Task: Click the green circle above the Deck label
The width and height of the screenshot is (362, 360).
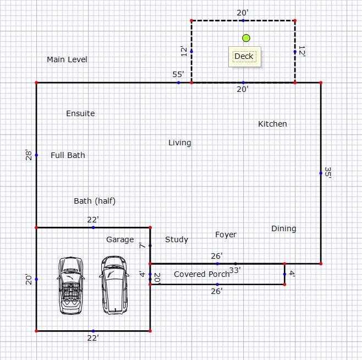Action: [246, 38]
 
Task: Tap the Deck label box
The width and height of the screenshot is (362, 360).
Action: [244, 57]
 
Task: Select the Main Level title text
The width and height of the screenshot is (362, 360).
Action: [67, 59]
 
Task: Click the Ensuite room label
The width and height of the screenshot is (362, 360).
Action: [80, 113]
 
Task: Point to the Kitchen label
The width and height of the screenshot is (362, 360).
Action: [272, 124]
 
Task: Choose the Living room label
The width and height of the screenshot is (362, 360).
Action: [179, 143]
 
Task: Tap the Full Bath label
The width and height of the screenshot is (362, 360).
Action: [68, 155]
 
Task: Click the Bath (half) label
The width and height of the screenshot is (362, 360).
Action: [95, 201]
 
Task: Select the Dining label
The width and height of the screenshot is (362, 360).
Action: [283, 229]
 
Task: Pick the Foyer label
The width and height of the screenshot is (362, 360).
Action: [226, 234]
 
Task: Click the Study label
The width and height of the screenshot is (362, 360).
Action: [177, 239]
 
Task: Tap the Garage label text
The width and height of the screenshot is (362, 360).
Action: [120, 239]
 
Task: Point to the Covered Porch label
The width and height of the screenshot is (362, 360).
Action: [202, 274]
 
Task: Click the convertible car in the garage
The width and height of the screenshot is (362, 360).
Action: [70, 286]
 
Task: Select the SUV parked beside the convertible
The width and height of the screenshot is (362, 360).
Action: [114, 285]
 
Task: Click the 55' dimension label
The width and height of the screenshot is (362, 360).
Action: [178, 75]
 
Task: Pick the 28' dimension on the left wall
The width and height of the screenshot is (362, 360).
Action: [29, 155]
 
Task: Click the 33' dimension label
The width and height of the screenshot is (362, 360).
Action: [235, 270]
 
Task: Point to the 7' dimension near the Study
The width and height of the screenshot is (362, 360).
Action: [142, 246]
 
